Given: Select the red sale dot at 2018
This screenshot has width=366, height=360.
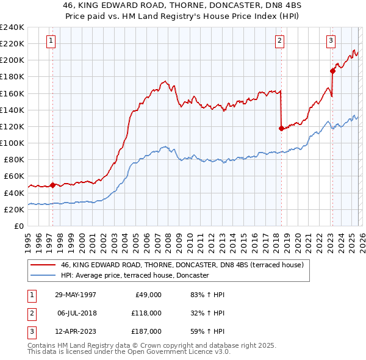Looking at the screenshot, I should pos(281,128).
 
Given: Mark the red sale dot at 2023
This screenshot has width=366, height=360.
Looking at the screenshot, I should pos(332,71).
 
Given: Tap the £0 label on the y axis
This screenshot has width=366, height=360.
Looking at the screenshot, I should pos(18,226).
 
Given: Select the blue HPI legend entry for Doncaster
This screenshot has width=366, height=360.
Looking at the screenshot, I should pos(135,275).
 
